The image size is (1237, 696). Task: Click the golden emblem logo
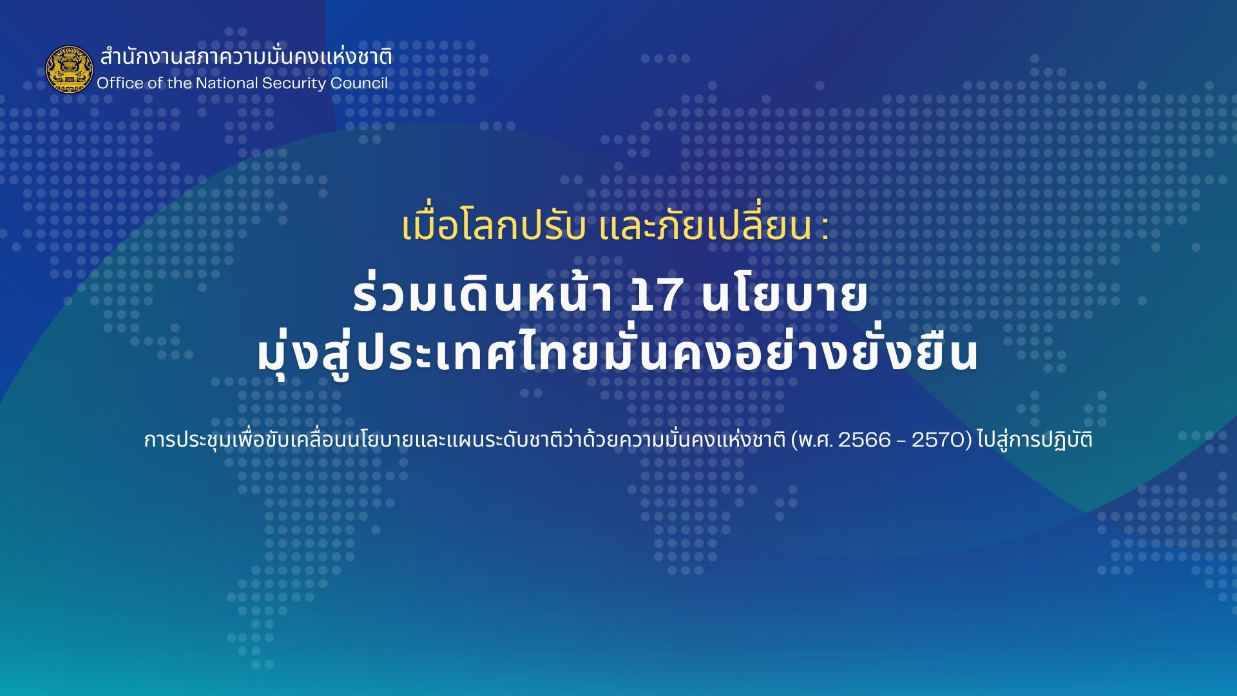[x=69, y=69]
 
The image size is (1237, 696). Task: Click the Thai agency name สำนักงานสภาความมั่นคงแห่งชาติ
[x=245, y=57]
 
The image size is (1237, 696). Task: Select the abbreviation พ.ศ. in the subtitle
[x=813, y=440]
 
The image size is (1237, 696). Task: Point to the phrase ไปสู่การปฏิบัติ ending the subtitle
[x=1035, y=440]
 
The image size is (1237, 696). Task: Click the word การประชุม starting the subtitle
[x=186, y=440]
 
